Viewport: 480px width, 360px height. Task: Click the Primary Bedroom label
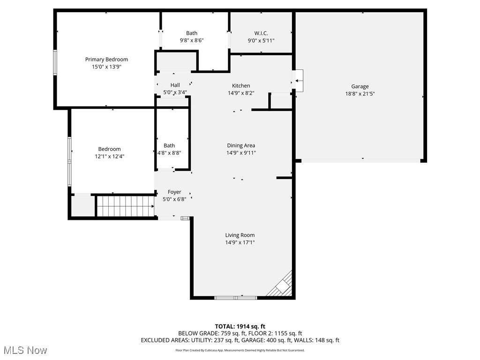click(x=106, y=60)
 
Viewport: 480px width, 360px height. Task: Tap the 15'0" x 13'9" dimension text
click(x=106, y=67)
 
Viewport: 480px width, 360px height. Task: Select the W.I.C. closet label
click(x=261, y=33)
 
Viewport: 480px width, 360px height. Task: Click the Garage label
click(x=360, y=86)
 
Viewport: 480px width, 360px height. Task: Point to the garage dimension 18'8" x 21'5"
click(x=360, y=93)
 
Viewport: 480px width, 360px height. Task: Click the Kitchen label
click(x=241, y=86)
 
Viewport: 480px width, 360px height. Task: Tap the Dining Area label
click(x=241, y=145)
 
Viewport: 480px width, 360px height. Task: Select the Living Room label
click(x=240, y=235)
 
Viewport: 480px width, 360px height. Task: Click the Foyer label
click(x=174, y=192)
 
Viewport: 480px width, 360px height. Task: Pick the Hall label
click(x=175, y=85)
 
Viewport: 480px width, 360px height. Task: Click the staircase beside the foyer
click(x=125, y=206)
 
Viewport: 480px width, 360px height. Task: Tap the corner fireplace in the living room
click(x=283, y=286)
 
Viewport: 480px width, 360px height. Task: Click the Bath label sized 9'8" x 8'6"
click(x=192, y=33)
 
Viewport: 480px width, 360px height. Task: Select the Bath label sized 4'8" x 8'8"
click(x=169, y=145)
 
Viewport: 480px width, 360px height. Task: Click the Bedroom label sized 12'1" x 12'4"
click(x=109, y=149)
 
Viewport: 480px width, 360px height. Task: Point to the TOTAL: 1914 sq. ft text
click(x=240, y=326)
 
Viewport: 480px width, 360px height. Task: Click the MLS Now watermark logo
click(x=25, y=350)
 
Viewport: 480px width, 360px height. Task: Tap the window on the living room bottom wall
click(x=235, y=297)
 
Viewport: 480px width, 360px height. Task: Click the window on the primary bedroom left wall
click(x=55, y=63)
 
